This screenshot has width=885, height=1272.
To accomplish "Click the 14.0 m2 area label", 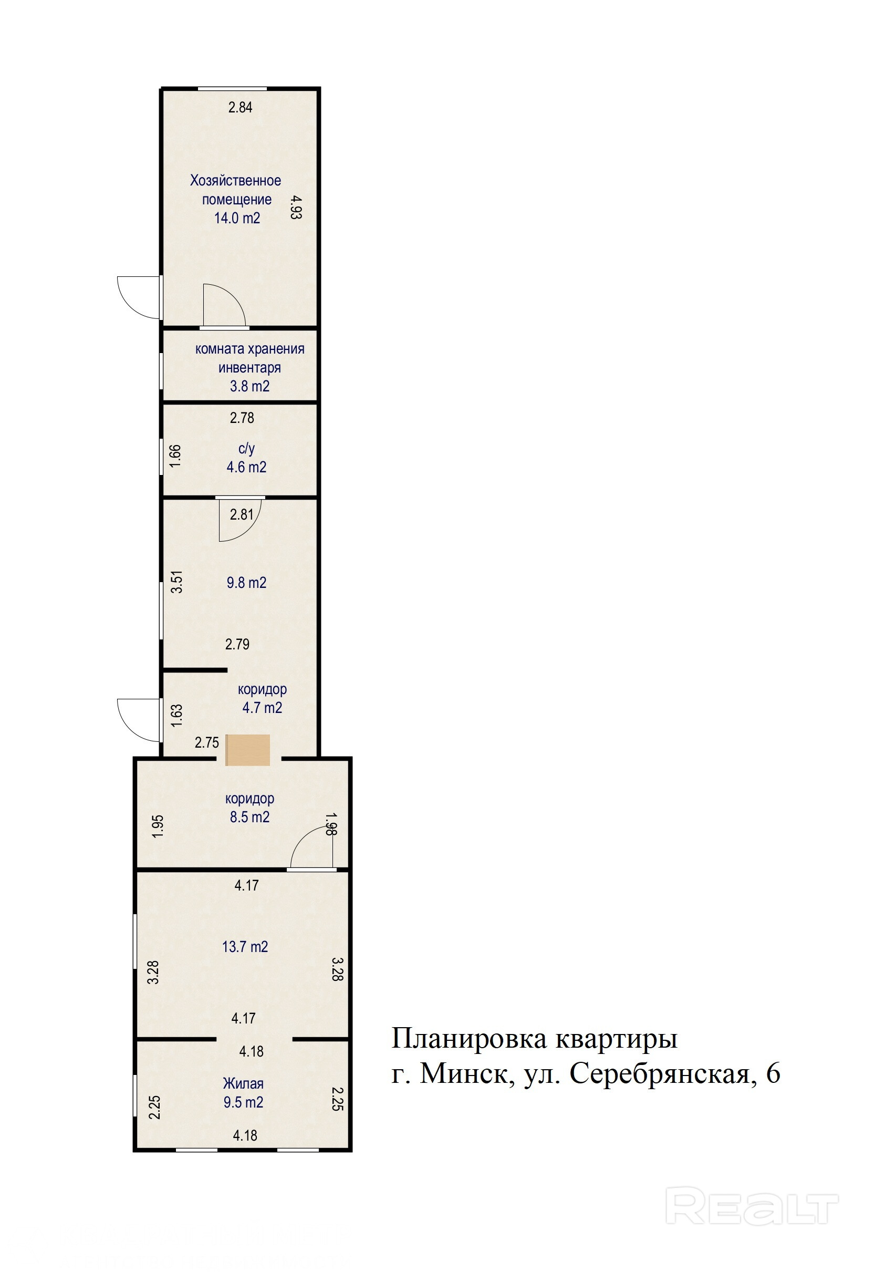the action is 237,218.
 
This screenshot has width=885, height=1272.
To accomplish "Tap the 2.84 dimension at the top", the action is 241,108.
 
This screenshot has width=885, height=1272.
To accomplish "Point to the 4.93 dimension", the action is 296,207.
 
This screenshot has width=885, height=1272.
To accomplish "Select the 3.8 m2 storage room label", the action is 250,386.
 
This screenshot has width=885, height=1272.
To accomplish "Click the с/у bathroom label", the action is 246,448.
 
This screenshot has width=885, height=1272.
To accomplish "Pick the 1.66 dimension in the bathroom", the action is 175,456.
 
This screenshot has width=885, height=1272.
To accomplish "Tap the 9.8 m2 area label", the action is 246,582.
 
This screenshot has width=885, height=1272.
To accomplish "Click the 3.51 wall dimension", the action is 176,582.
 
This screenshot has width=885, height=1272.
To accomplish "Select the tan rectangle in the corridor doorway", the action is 247,750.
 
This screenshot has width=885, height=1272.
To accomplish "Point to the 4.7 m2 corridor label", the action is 262,708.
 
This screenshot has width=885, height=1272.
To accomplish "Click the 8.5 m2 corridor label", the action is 250,816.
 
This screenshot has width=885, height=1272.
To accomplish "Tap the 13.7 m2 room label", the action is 245,946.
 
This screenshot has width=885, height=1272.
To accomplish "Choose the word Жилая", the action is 243,1083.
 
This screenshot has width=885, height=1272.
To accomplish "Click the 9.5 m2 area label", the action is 243,1102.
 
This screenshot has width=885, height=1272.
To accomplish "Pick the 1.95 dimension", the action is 158,826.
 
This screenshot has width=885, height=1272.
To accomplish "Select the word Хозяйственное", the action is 235,181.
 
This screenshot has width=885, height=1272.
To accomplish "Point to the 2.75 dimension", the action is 206,742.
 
